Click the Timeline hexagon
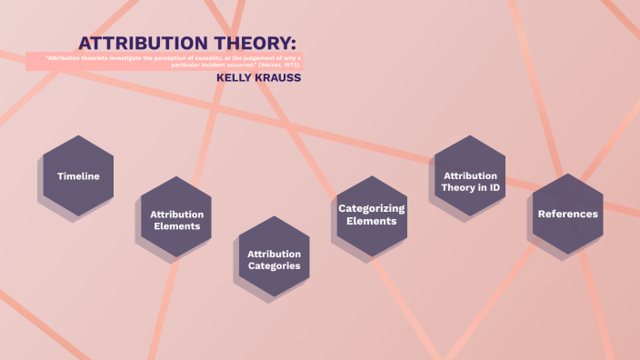pyautogui.click(x=78, y=175)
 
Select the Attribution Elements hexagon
pyautogui.click(x=176, y=220)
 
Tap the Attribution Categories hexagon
pyautogui.click(x=274, y=259)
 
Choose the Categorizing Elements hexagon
pyautogui.click(x=371, y=215)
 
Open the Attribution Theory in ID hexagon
pyautogui.click(x=469, y=181)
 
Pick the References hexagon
pyautogui.click(x=567, y=214)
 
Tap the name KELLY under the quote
pyautogui.click(x=235, y=78)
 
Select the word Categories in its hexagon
pyautogui.click(x=274, y=266)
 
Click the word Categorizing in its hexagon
pyautogui.click(x=371, y=208)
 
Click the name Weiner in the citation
pyautogui.click(x=271, y=65)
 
